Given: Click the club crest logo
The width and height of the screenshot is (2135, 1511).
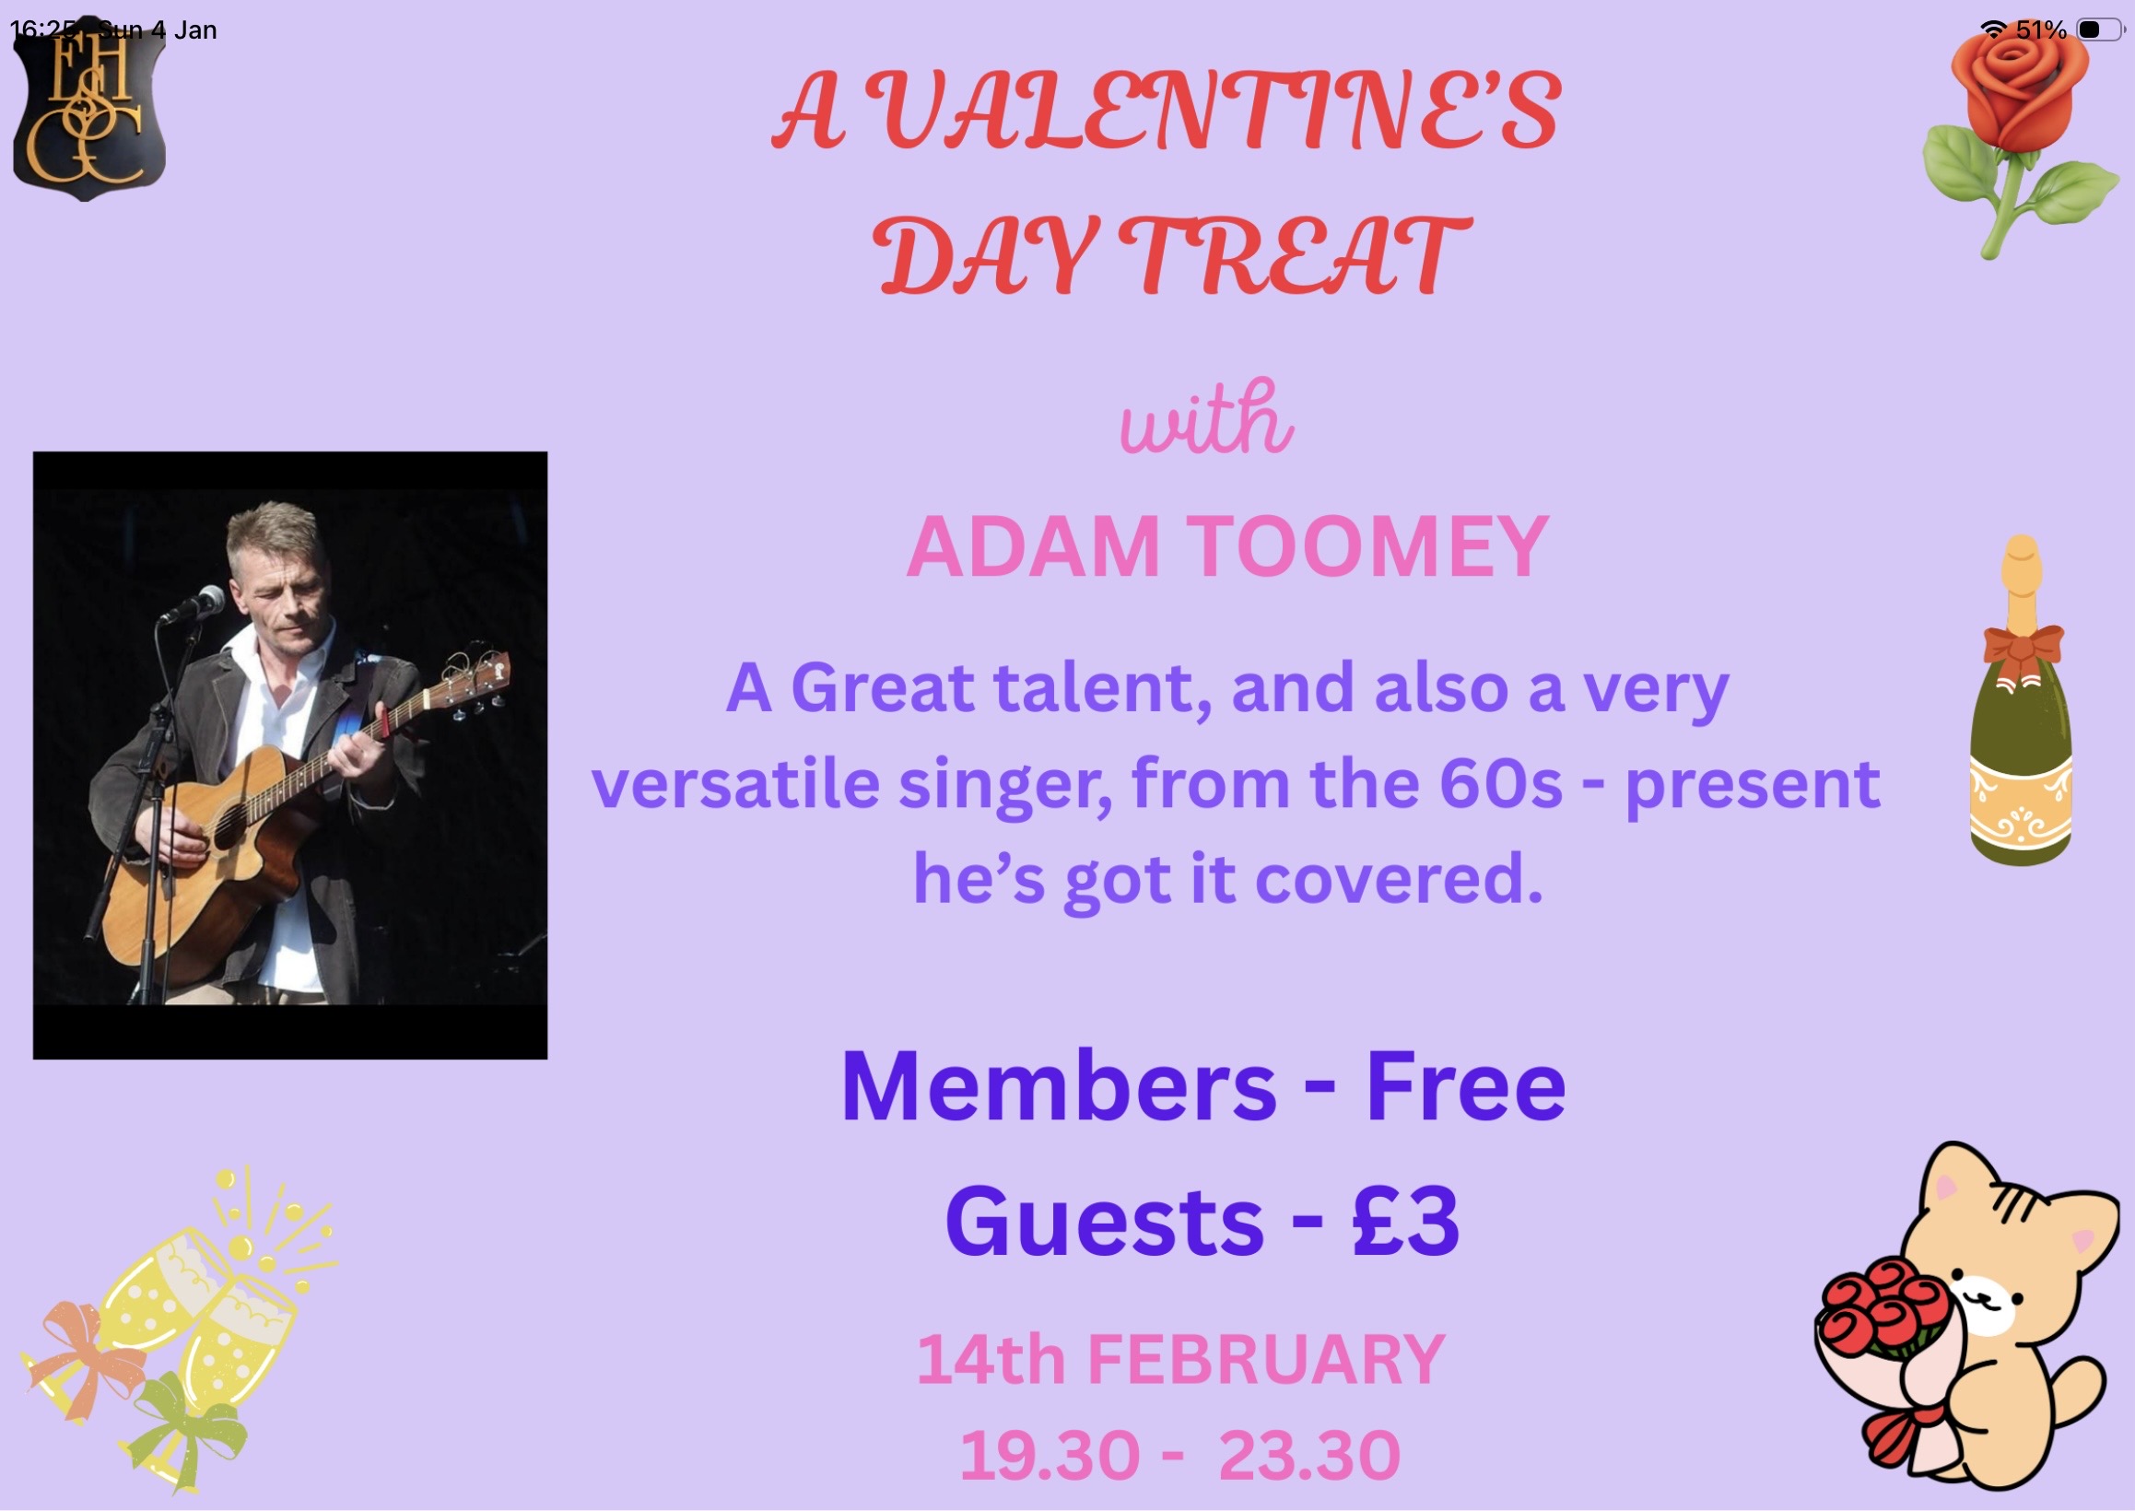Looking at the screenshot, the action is click(89, 110).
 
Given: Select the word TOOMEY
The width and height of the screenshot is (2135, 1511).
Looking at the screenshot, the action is click(1368, 547).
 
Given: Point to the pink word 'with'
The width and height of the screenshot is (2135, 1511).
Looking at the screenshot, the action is click(1205, 418).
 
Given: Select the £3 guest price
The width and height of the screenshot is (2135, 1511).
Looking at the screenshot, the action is click(1405, 1221).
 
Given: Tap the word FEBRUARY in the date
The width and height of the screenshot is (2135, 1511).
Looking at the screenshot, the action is click(1266, 1359).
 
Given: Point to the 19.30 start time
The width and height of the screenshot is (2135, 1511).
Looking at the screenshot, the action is click(1050, 1456).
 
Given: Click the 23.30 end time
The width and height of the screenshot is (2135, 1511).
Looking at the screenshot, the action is click(1309, 1456).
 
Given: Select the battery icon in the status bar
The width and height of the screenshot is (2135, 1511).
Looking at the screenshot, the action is click(2100, 29).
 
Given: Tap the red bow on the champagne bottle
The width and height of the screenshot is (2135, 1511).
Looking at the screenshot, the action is click(2023, 649).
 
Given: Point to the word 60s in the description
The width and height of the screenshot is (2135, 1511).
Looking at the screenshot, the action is click(1500, 783).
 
